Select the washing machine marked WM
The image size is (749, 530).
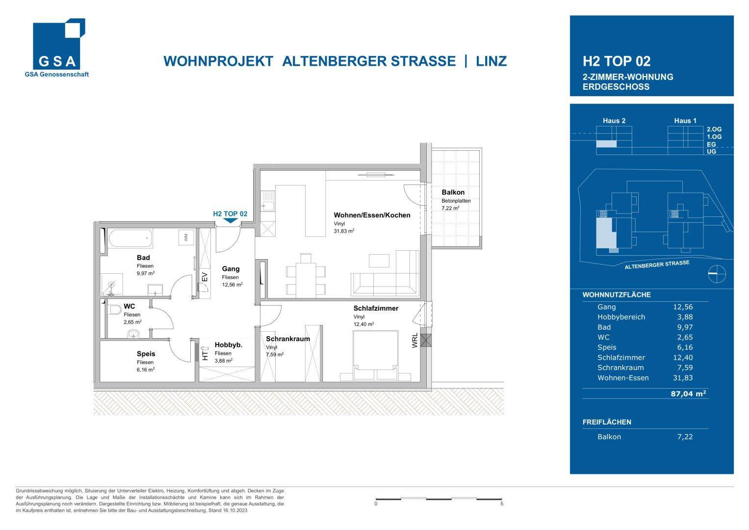(x=186, y=238)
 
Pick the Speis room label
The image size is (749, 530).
(x=146, y=354)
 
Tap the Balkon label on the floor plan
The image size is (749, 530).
(x=453, y=192)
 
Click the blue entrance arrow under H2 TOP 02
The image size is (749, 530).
(x=230, y=221)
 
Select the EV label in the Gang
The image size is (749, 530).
(x=205, y=277)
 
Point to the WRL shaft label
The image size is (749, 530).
(x=415, y=341)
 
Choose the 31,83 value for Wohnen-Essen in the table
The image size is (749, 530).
(x=683, y=378)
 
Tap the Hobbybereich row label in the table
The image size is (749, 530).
(x=621, y=317)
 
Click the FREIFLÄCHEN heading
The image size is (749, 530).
(x=607, y=422)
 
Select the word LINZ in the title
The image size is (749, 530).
(x=491, y=61)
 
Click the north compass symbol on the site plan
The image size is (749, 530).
(x=716, y=274)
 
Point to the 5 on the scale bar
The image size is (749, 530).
(x=502, y=503)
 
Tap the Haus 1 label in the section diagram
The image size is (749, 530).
(x=685, y=121)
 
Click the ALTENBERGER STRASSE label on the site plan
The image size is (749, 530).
(x=657, y=265)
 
